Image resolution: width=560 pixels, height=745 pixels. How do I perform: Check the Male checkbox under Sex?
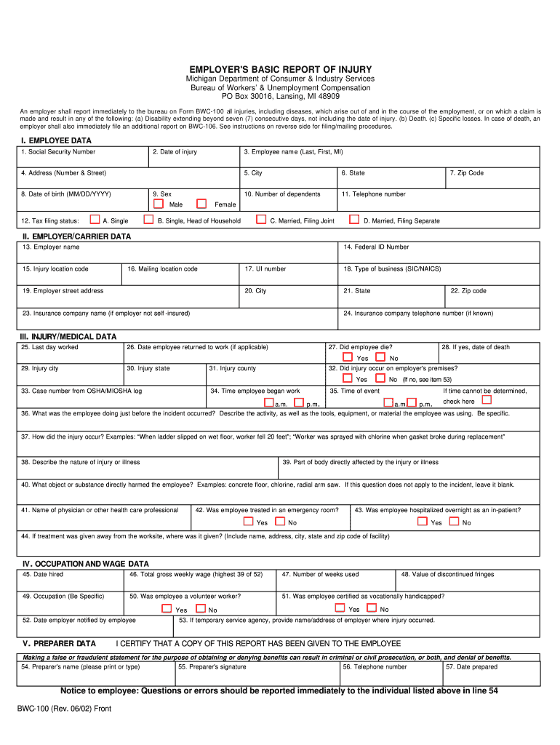(158, 204)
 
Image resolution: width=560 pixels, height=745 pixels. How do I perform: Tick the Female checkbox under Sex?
(202, 204)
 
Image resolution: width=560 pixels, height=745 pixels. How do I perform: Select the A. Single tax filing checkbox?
(94, 219)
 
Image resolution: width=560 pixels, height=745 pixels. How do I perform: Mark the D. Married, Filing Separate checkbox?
(354, 219)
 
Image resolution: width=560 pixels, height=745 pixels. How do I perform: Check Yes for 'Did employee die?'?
(348, 357)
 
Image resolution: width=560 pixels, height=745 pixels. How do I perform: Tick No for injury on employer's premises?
(380, 378)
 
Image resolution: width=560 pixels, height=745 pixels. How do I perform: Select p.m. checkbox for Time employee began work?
(298, 402)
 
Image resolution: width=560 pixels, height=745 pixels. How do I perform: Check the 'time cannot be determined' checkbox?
(487, 399)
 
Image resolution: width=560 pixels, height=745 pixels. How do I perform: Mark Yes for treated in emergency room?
(248, 521)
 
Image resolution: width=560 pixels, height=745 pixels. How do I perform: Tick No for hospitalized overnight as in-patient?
(454, 521)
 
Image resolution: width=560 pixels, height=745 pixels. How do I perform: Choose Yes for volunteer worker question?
(167, 608)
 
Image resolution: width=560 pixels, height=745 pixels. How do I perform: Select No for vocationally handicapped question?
(371, 607)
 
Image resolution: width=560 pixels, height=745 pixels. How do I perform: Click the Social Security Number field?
(83, 159)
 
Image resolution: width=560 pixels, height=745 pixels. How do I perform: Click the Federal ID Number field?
(439, 254)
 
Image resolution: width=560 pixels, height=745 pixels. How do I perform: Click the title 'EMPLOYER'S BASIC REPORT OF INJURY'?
(280, 69)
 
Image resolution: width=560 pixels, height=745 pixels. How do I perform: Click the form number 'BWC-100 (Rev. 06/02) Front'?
(65, 708)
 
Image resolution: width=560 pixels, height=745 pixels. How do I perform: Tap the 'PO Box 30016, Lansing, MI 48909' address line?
(280, 96)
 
